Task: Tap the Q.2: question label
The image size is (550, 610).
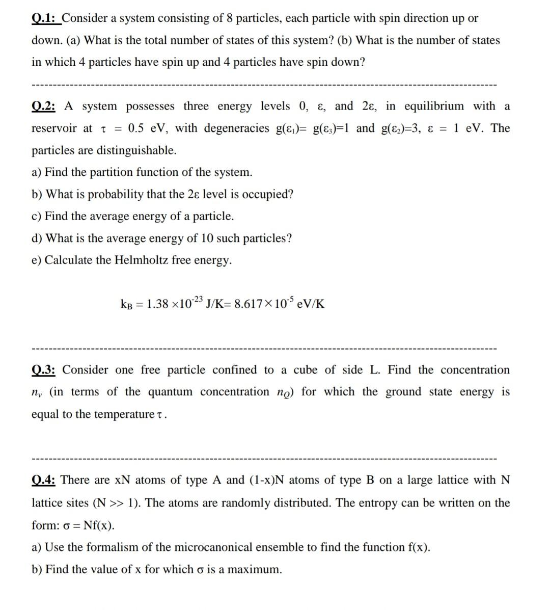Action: click(x=44, y=107)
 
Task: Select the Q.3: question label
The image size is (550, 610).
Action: click(x=44, y=370)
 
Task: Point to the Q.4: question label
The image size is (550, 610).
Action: click(x=44, y=480)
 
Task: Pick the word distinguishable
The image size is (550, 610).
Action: click(x=136, y=150)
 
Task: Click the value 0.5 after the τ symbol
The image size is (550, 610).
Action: click(x=137, y=128)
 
